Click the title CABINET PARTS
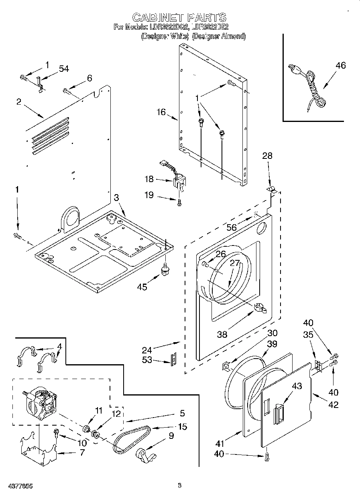(179, 17)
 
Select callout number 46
(340, 65)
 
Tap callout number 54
(63, 69)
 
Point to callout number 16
(161, 112)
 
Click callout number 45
(142, 286)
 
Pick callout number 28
(267, 155)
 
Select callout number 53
(147, 360)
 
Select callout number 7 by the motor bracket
(82, 452)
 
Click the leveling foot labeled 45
(165, 270)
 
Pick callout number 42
(333, 404)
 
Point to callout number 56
(232, 227)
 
